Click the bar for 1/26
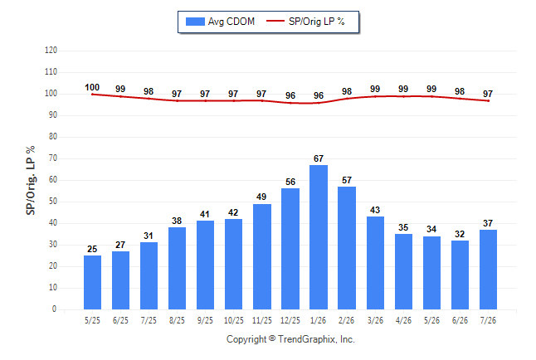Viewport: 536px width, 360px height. click(x=319, y=237)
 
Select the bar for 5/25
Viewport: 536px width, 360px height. click(x=92, y=282)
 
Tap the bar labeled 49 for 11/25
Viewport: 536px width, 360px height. click(x=262, y=257)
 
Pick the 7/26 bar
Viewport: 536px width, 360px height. click(x=488, y=270)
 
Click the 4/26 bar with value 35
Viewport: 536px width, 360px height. click(x=403, y=272)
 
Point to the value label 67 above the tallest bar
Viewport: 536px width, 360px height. click(x=319, y=158)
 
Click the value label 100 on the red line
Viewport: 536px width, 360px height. click(x=92, y=88)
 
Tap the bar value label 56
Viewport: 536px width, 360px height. click(x=290, y=182)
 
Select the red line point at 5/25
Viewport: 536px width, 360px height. click(x=92, y=95)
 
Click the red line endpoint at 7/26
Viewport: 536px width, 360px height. click(x=488, y=101)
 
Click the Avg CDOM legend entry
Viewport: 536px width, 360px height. click(x=220, y=22)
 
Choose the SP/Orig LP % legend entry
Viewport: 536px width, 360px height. click(x=305, y=22)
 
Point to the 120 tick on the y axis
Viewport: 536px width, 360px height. click(x=51, y=51)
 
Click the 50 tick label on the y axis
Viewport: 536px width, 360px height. click(x=52, y=202)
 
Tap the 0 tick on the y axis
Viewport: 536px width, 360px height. click(x=55, y=309)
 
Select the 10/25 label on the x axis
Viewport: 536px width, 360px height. click(x=234, y=320)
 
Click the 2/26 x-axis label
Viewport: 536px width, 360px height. click(x=347, y=320)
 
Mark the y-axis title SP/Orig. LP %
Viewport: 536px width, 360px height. click(x=31, y=181)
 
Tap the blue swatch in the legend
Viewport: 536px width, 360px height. click(x=195, y=22)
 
